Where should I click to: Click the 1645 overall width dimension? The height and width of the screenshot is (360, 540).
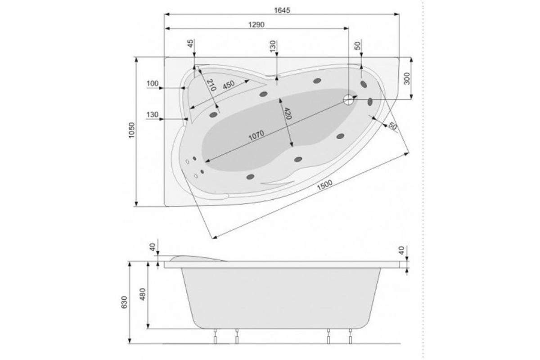click(x=282, y=10)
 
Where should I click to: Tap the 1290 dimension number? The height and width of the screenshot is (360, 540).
click(x=256, y=25)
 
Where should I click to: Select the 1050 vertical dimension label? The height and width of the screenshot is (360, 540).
click(x=131, y=130)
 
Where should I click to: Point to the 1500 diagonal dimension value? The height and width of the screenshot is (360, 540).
click(x=324, y=185)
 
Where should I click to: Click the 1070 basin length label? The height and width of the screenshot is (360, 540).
click(x=256, y=135)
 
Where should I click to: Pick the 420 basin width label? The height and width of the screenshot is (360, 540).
click(x=288, y=113)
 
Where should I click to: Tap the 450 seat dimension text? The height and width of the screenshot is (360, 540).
click(x=229, y=85)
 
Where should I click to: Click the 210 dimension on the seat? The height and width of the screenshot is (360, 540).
click(x=211, y=85)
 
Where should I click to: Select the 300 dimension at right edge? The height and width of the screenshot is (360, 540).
click(x=407, y=78)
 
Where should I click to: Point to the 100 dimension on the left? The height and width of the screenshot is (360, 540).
click(x=153, y=84)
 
